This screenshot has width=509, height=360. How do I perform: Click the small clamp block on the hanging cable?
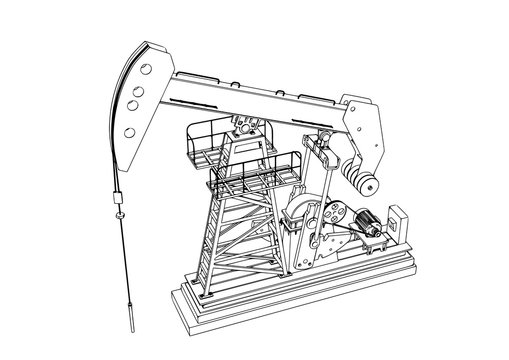[x=118, y=211]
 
